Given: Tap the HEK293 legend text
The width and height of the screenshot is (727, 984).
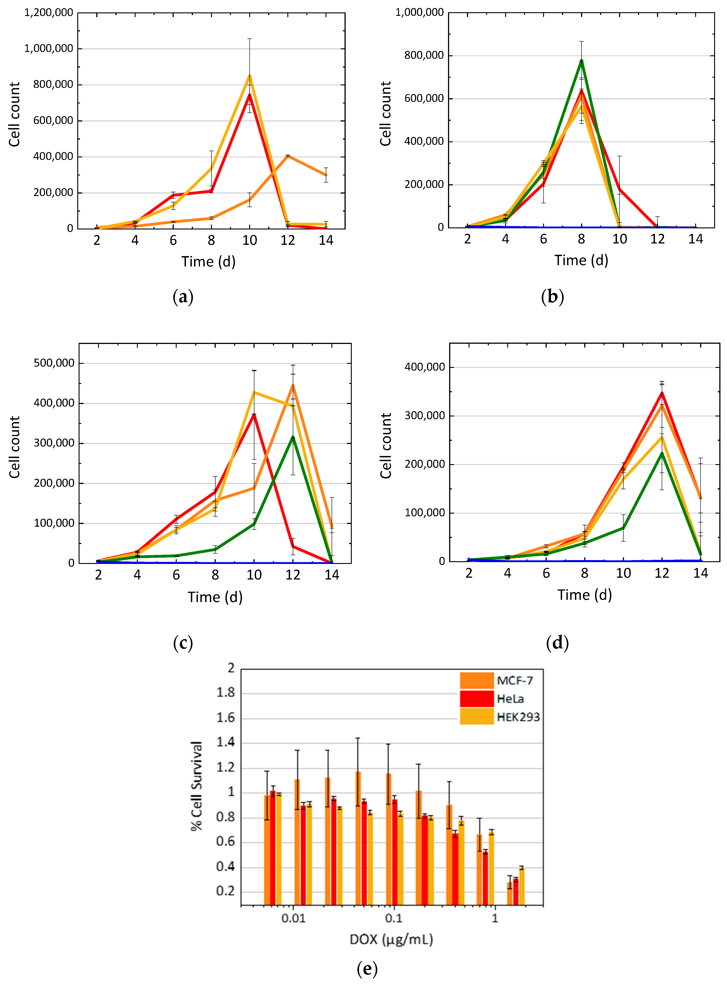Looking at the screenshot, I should click(518, 717).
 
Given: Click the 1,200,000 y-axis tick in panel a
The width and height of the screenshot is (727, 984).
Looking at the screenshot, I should click(48, 13).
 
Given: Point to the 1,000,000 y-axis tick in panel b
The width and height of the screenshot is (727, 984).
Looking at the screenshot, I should click(419, 12).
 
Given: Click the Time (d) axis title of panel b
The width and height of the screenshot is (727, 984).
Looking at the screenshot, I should click(581, 260).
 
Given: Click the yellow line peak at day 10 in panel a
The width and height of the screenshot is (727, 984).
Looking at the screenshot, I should click(249, 76).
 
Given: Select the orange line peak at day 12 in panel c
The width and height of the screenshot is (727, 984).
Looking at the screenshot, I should click(293, 385).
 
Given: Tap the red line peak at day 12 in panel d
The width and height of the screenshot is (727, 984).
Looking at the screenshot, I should click(662, 393).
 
